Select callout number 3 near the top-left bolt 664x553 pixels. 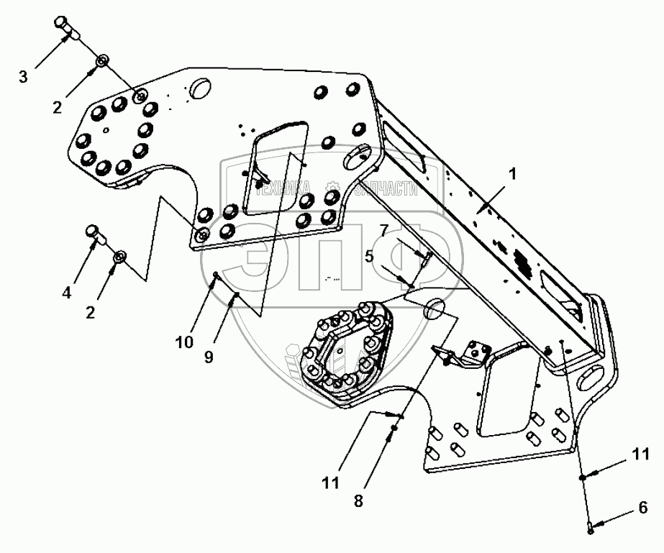point(24,76)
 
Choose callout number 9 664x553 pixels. point(208,357)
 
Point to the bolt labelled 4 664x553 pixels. point(94,232)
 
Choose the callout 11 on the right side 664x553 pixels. point(640,454)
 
